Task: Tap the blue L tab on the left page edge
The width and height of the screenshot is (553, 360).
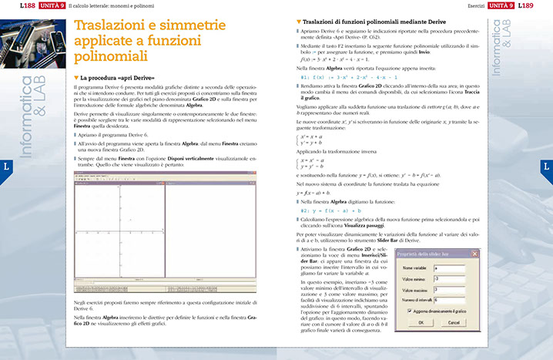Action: [x=6, y=166]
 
